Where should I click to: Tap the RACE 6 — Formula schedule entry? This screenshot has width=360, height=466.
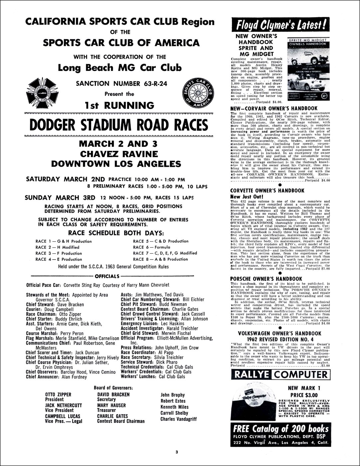(151, 247)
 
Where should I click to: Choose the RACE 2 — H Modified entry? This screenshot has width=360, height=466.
(57, 247)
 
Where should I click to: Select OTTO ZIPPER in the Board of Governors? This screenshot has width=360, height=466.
(58, 394)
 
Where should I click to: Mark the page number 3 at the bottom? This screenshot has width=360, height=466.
(177, 452)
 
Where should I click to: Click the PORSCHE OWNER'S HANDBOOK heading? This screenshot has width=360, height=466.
(266, 279)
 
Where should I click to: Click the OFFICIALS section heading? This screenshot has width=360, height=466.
(107, 276)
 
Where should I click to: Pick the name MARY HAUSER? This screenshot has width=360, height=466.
(111, 405)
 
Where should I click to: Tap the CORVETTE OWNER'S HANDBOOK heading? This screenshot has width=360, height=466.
(267, 190)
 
